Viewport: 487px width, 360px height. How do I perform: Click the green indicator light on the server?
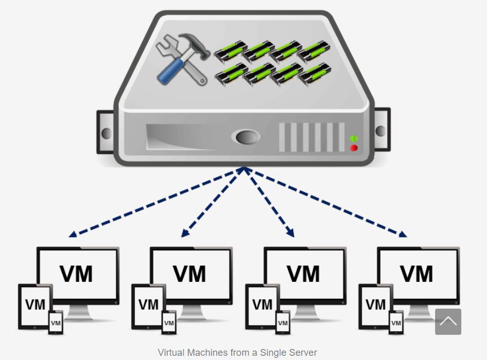(x=354, y=138)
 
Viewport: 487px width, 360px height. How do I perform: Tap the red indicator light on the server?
(x=354, y=148)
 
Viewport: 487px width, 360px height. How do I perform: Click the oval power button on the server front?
(x=245, y=137)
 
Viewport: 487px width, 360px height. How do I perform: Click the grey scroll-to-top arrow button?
(x=448, y=321)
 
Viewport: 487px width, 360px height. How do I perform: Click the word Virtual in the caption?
(x=171, y=353)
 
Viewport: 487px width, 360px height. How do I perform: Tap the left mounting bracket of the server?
(x=105, y=132)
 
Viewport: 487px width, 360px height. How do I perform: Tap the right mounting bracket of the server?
(x=381, y=131)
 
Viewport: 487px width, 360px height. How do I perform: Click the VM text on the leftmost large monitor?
(x=77, y=274)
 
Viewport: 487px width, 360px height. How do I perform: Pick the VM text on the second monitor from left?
(x=190, y=274)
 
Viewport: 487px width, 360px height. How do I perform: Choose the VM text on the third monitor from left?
(x=304, y=274)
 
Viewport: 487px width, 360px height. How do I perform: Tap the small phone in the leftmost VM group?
(x=56, y=322)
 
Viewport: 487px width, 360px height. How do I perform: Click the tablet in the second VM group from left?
(x=148, y=306)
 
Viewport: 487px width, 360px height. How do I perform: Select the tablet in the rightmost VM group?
(x=375, y=306)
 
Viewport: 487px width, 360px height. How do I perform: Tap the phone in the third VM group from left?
(x=283, y=322)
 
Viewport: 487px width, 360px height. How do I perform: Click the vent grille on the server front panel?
(x=312, y=137)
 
